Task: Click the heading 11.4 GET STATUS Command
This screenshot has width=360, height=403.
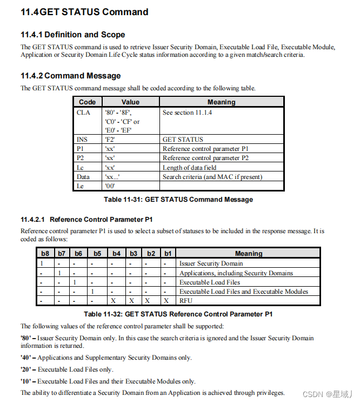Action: tap(84, 12)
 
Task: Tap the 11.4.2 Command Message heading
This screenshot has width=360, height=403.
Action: tap(70, 76)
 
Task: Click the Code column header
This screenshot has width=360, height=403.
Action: tap(87, 102)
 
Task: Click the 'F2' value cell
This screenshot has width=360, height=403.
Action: tap(110, 139)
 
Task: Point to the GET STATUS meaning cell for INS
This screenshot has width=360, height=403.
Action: tap(183, 139)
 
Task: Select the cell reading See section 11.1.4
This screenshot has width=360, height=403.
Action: tap(187, 113)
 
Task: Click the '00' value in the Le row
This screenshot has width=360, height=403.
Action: tap(110, 186)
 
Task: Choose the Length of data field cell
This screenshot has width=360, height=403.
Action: tap(189, 168)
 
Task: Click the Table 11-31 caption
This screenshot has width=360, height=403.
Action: tap(178, 200)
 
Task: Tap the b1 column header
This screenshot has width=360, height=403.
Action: tap(168, 253)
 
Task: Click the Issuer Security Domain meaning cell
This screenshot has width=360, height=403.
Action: tap(211, 263)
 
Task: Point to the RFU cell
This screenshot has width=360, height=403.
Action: tap(185, 300)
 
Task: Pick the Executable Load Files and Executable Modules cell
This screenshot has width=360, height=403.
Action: tap(243, 291)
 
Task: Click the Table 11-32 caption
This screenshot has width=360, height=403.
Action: tap(178, 314)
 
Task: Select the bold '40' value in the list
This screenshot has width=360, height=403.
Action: tap(27, 358)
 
